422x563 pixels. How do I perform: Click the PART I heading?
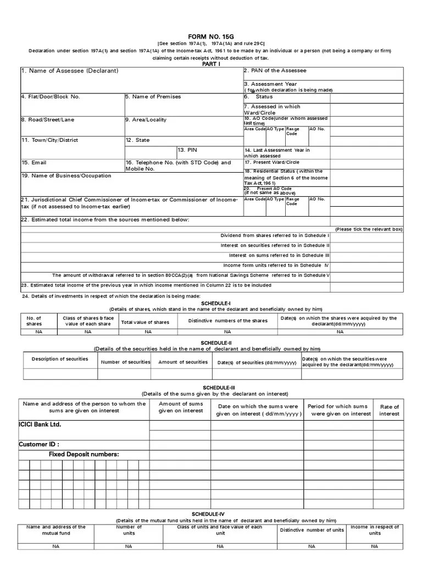211,64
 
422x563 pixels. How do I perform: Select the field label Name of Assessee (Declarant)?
70,71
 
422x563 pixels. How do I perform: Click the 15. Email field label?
34,163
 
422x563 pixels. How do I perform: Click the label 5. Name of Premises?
153,97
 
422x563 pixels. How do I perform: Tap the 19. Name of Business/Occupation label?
66,176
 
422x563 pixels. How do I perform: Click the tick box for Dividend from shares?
367,236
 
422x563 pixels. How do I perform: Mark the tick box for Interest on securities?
367,246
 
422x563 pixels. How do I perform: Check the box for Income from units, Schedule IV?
367,266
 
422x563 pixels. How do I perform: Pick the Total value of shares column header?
145,322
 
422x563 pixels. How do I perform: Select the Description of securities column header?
60,359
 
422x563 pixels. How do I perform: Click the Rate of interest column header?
389,410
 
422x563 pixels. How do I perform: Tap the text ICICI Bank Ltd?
40,425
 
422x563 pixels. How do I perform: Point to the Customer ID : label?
39,444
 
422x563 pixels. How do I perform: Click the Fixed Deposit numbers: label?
84,454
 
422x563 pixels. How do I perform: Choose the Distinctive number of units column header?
312,530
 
